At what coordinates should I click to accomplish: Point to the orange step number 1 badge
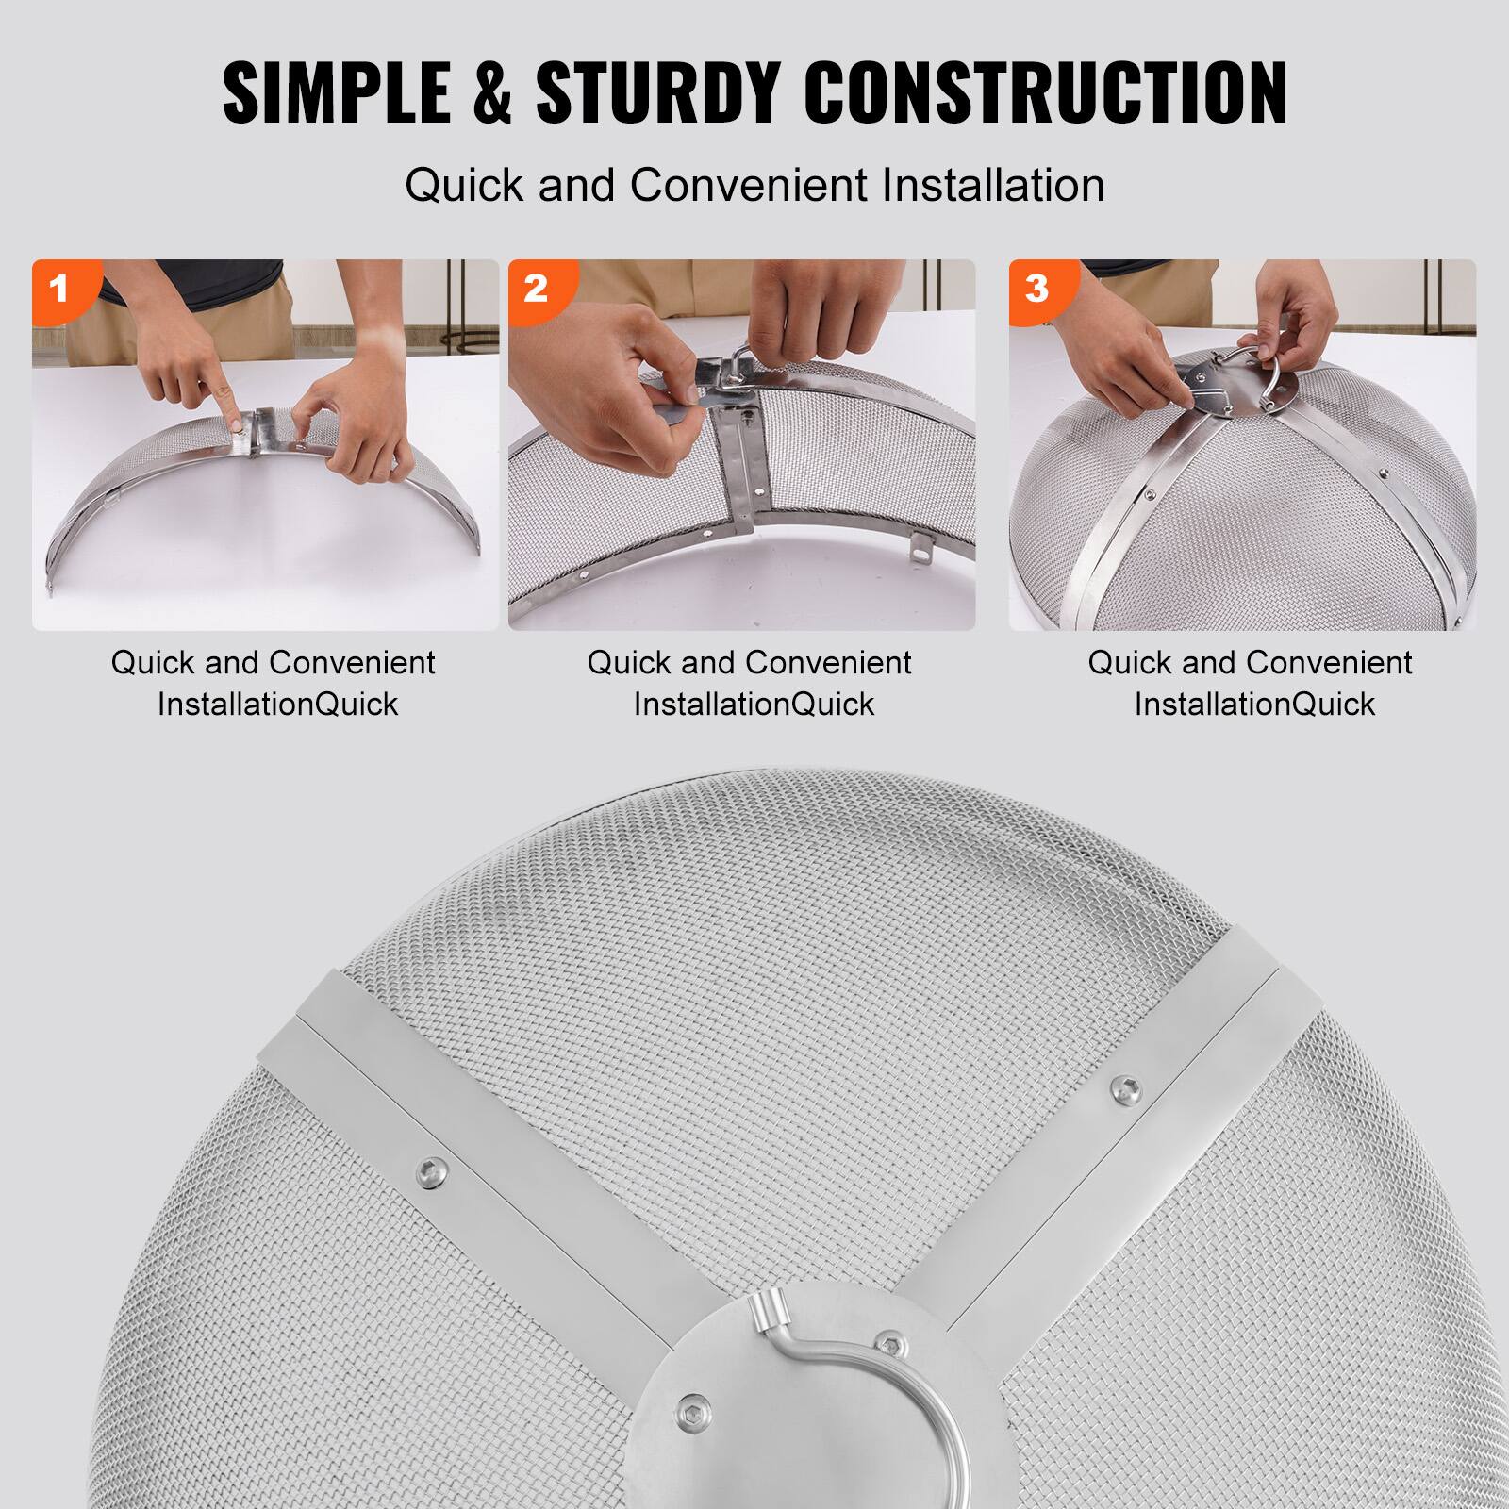point(58,288)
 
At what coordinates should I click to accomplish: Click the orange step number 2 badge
point(536,288)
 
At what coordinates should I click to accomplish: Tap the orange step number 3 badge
point(1036,288)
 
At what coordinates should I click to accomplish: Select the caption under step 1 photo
point(274,683)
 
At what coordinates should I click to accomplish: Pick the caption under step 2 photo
point(750,683)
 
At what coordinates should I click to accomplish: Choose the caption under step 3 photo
point(1251,683)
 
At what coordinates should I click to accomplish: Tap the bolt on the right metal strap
point(1123,1086)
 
